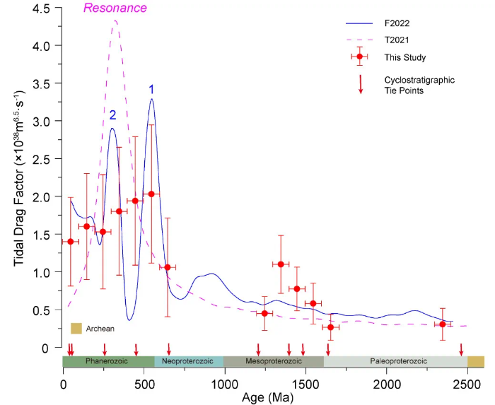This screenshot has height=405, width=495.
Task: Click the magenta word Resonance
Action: coord(115,8)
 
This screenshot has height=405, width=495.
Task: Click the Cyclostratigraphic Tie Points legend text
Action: coord(419,85)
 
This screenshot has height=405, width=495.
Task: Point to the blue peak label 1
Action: coord(151,89)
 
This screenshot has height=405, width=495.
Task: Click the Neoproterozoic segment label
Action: coord(187,361)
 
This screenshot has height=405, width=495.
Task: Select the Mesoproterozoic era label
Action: coord(272,361)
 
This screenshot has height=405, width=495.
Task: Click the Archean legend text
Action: coord(100,329)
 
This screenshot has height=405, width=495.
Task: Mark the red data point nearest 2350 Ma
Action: coord(443,324)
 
